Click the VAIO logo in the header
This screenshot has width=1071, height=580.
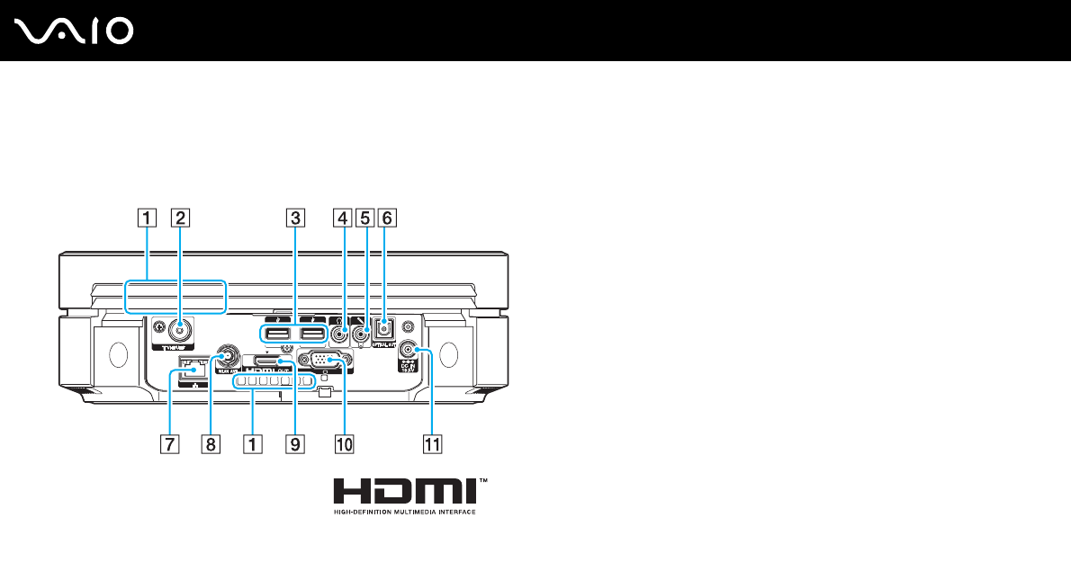(x=75, y=32)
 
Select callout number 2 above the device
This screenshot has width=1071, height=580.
(x=181, y=216)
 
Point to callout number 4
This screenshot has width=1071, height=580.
(x=341, y=216)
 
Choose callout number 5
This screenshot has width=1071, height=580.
(x=364, y=216)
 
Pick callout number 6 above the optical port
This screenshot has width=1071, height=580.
(x=387, y=216)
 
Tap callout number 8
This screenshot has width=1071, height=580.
(x=210, y=442)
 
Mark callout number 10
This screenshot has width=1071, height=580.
(x=343, y=442)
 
